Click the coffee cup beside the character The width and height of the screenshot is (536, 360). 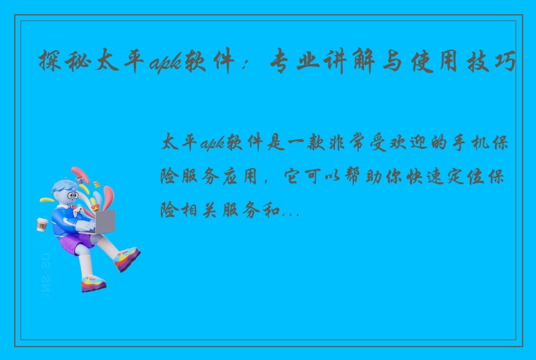pos(42,224)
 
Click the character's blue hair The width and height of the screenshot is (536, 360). pos(63,187)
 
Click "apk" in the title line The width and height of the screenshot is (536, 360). pos(166,66)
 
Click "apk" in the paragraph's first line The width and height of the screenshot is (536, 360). pos(210,144)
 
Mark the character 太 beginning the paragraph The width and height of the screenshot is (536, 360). pos(172,143)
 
